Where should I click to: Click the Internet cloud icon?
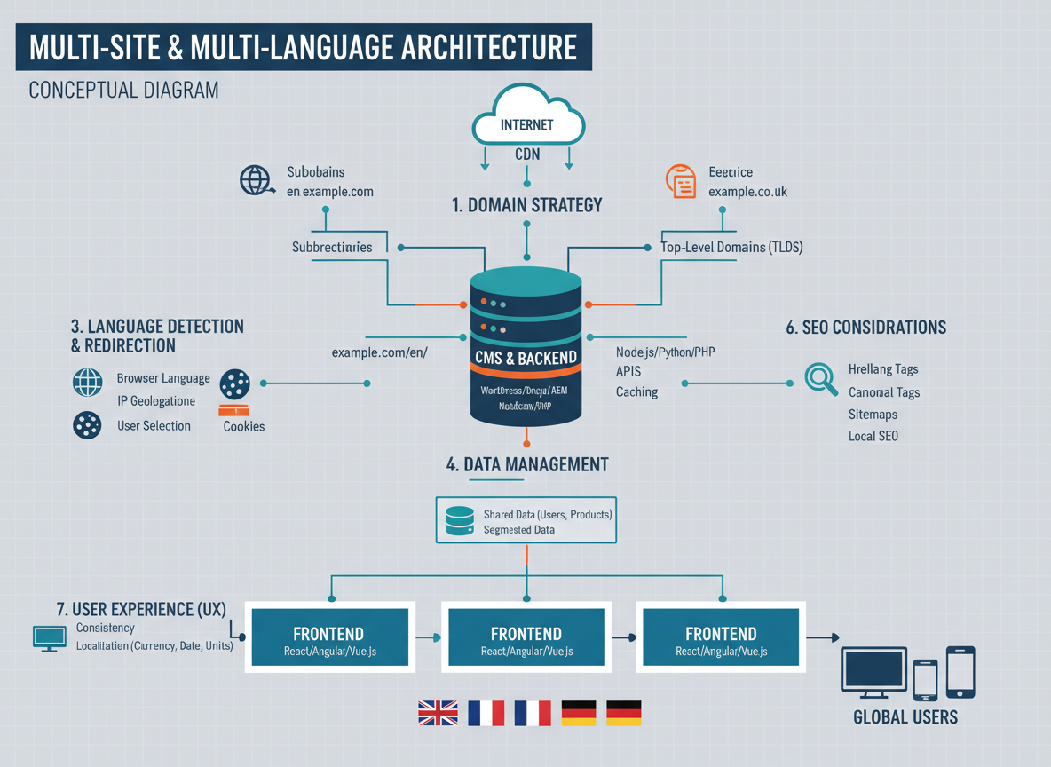pos(527,118)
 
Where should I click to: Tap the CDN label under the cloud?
pos(527,154)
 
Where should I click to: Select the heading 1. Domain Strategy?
pos(526,205)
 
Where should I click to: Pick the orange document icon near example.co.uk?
pos(682,181)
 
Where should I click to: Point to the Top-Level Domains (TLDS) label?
pos(731,248)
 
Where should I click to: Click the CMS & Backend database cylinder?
pos(526,348)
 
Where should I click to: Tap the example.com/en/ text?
pos(379,352)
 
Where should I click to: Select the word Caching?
pos(636,391)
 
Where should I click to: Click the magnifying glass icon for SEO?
pos(820,379)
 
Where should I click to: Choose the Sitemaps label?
pos(873,415)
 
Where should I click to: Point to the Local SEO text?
pos(873,436)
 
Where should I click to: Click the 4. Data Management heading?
pos(526,464)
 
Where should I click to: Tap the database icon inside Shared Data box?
pos(460,521)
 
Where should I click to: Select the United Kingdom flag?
pos(438,713)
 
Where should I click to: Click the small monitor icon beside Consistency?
pos(49,637)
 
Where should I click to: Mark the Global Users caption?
pos(905,717)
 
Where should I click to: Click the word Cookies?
pos(244,426)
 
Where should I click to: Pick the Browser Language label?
pos(163,378)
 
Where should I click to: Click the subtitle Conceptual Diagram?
pos(123,91)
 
